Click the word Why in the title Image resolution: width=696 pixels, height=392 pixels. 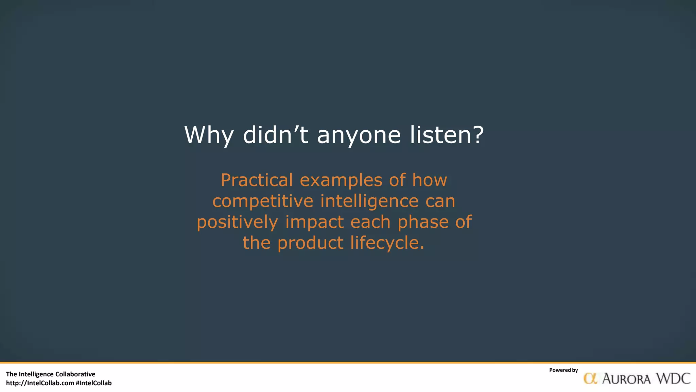pyautogui.click(x=209, y=135)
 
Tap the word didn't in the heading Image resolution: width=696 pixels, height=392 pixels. pyautogui.click(x=276, y=135)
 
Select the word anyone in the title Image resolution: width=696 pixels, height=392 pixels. pyautogui.click(x=359, y=135)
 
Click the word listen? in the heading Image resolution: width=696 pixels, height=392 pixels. pyautogui.click(x=447, y=135)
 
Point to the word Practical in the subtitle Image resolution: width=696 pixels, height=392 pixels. pyautogui.click(x=257, y=180)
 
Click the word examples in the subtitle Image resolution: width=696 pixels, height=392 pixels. pyautogui.click(x=341, y=180)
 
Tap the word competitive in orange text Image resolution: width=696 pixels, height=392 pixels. pyautogui.click(x=263, y=201)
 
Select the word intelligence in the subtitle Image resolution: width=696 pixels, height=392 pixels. pyautogui.click(x=369, y=201)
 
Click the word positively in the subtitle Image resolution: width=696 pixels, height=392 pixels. pyautogui.click(x=237, y=222)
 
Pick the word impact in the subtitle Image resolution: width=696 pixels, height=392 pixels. pyautogui.click(x=314, y=222)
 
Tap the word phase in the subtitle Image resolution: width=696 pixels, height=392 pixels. pyautogui.click(x=423, y=222)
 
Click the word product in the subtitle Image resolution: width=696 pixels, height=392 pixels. pyautogui.click(x=310, y=243)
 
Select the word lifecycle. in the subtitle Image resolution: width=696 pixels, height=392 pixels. pyautogui.click(x=387, y=243)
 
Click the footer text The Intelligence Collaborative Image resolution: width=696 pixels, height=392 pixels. pyautogui.click(x=51, y=374)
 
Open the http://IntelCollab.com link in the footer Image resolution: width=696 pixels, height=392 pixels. pyautogui.click(x=40, y=383)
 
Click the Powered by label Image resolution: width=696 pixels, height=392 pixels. pyautogui.click(x=563, y=370)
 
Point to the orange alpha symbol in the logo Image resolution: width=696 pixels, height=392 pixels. pyautogui.click(x=590, y=378)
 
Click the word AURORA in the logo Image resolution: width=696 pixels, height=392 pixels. pyautogui.click(x=626, y=379)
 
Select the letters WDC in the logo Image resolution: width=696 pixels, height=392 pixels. pyautogui.click(x=673, y=378)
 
